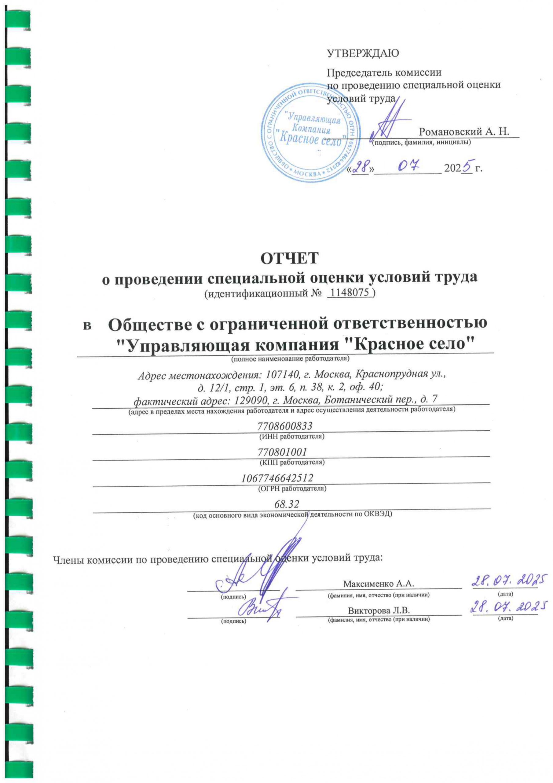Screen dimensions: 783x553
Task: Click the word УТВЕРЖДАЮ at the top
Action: tap(363, 54)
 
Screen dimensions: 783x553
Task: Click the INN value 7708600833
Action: tap(285, 426)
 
